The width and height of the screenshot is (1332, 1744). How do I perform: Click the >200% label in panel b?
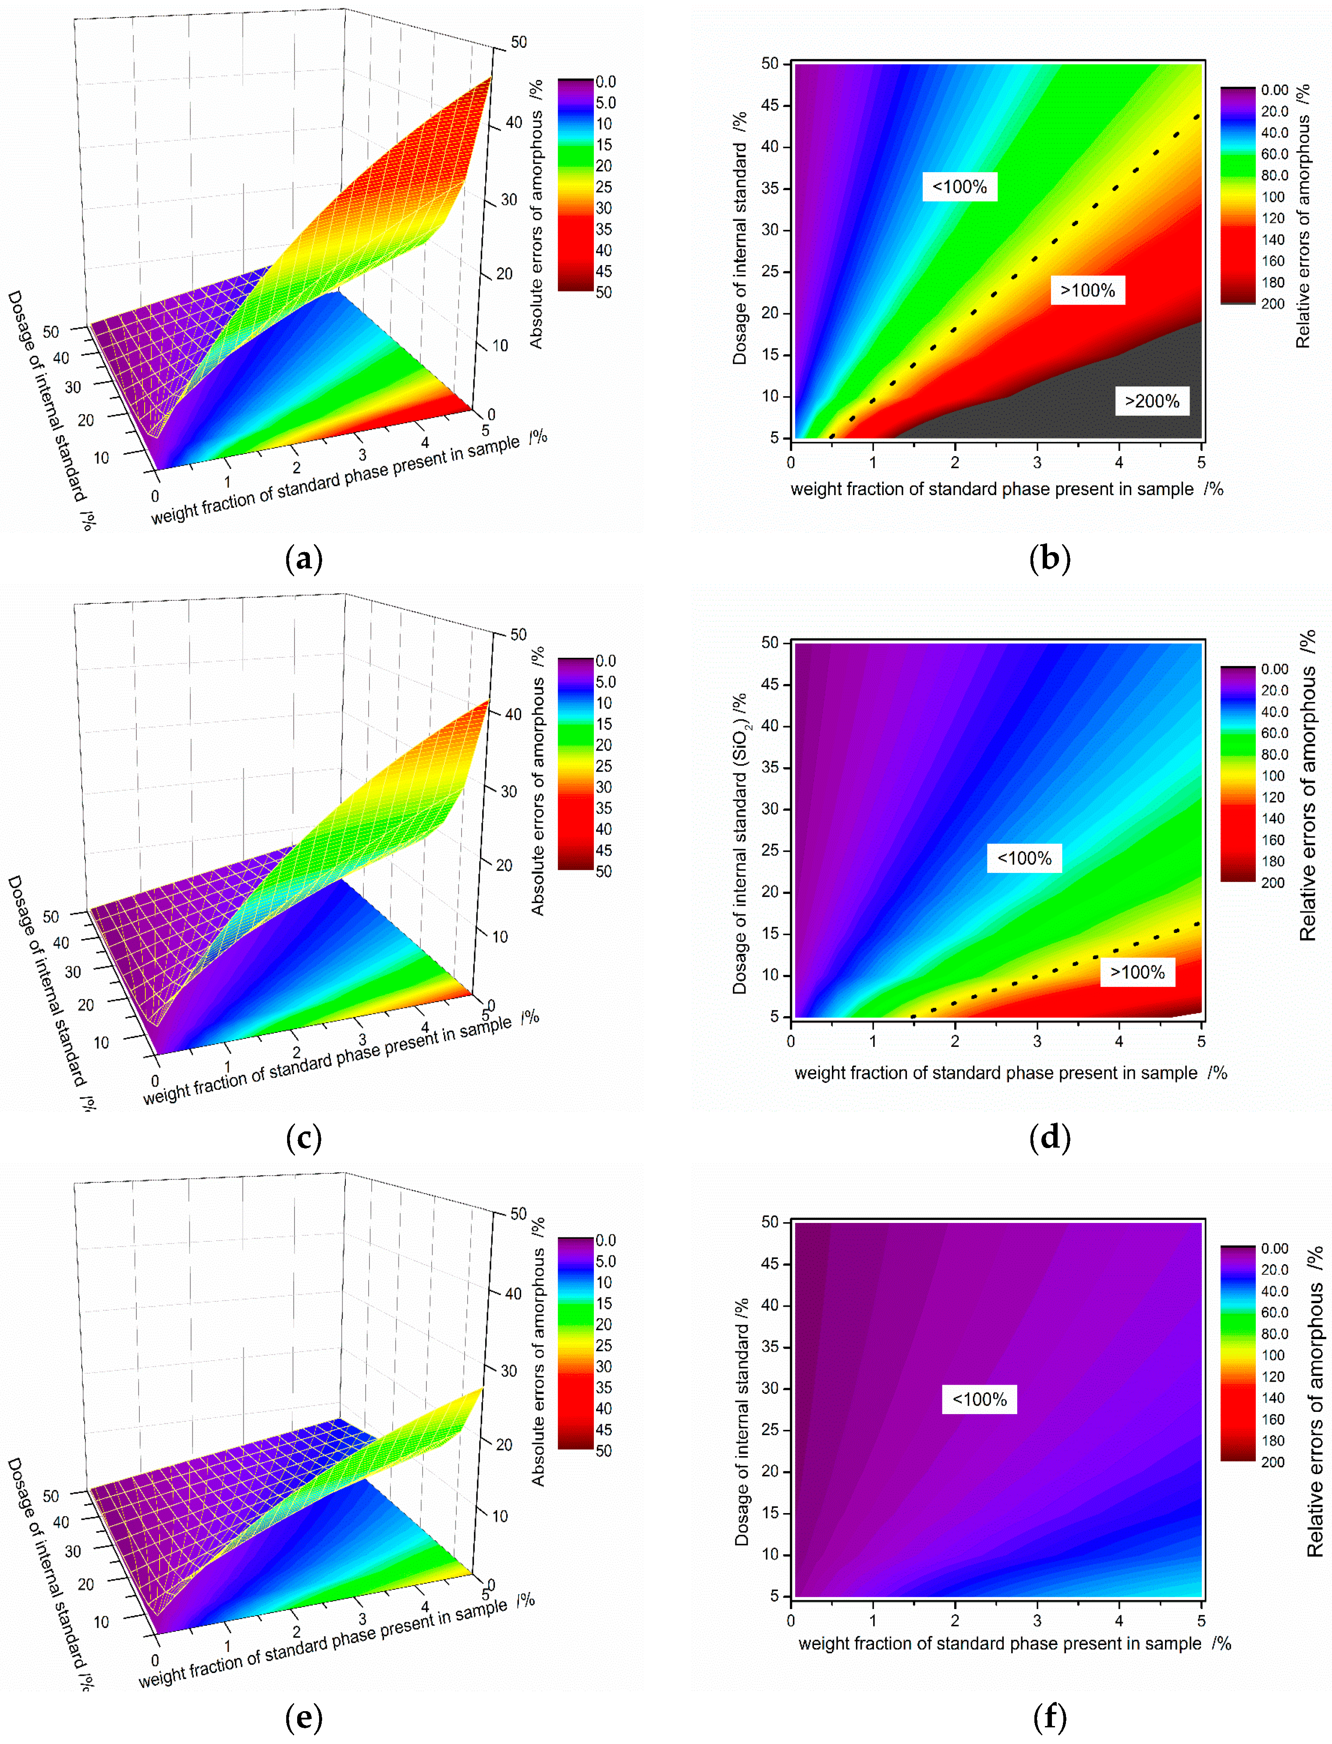1151,401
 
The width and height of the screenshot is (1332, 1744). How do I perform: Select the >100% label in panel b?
1088,290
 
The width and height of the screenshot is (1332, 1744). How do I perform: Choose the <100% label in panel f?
979,1399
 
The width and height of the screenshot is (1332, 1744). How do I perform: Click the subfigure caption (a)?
304,559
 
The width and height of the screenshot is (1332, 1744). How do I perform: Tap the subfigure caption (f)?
1050,1717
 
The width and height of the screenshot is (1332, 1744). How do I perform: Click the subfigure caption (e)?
304,1717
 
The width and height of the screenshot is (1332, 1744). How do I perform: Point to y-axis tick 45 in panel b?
770,106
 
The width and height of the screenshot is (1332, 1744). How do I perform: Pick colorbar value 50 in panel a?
604,293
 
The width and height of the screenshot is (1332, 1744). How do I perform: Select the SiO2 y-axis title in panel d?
740,844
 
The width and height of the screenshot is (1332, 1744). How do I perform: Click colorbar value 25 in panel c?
604,766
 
